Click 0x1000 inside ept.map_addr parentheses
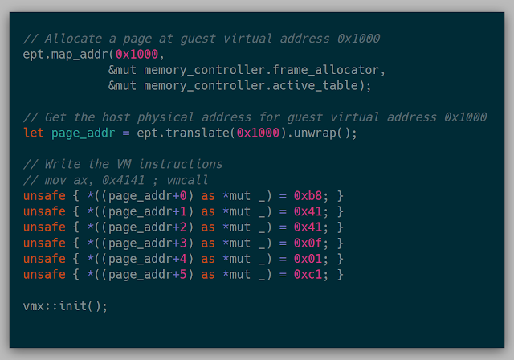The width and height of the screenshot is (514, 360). (x=137, y=55)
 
